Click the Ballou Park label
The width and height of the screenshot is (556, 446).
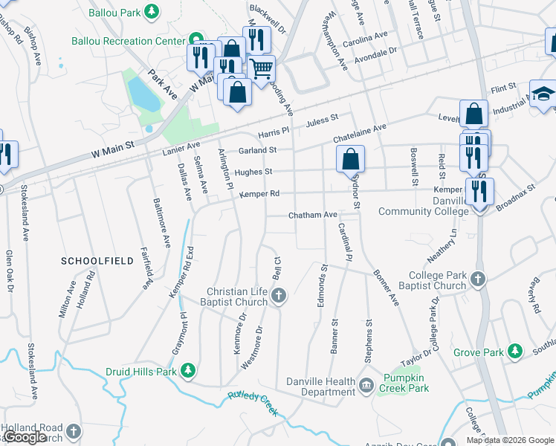pos(116,13)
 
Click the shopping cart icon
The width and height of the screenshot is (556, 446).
pos(261,68)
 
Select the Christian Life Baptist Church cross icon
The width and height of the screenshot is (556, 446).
pos(279,297)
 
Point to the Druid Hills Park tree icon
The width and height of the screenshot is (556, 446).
pos(189,370)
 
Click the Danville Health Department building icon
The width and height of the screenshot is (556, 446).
pos(366,385)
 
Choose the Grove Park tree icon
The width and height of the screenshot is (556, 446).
pos(514,352)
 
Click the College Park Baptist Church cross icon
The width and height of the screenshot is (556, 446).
pos(477,280)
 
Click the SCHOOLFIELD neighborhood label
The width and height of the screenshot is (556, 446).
pos(97,261)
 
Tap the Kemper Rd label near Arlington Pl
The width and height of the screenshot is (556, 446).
pos(259,194)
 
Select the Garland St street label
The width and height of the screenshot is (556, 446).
pos(257,150)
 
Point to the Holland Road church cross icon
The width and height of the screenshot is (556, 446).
pos(74,431)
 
